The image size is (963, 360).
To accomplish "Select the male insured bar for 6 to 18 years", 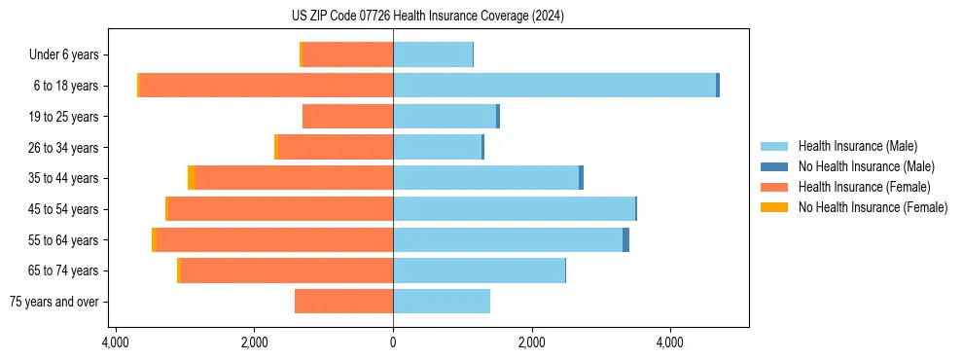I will (554, 86).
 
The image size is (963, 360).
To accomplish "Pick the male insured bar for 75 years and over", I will (442, 302).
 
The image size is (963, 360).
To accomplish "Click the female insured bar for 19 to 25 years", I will (347, 117).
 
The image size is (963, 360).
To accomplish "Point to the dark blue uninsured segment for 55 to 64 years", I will (625, 239).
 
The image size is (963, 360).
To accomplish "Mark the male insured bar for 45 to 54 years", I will (514, 209).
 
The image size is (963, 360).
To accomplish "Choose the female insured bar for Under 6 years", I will (348, 54).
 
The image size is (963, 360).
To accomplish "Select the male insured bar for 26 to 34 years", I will (437, 147).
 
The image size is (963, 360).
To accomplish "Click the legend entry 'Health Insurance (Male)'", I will (857, 146).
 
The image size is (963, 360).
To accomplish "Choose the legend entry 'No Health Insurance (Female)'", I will (873, 207).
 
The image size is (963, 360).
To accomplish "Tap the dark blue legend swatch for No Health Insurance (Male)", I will (774, 166).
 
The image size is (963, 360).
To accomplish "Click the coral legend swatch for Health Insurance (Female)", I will (774, 187).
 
